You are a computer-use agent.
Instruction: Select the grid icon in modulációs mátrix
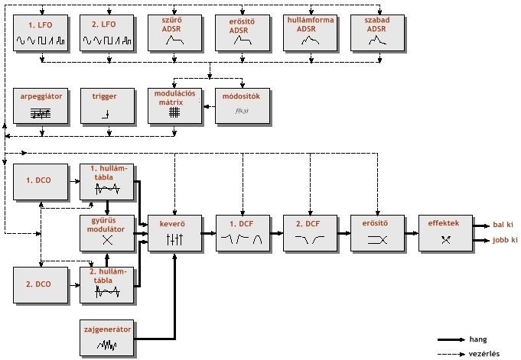pos(174,112)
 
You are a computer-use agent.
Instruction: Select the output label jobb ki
pos(505,240)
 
